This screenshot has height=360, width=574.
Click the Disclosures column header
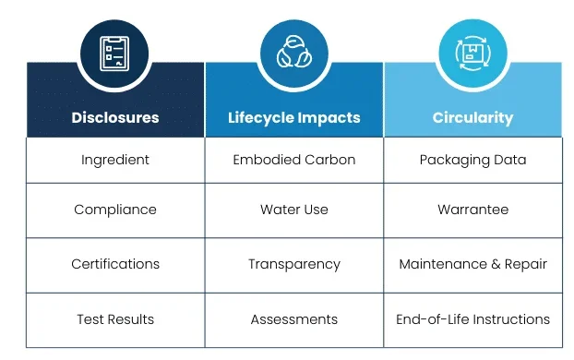[x=115, y=118]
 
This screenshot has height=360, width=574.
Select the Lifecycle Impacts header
[x=294, y=118]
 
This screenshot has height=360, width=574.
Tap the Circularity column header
[x=472, y=118]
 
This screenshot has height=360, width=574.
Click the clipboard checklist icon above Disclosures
[x=115, y=51]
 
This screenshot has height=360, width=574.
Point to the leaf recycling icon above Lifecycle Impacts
[x=294, y=51]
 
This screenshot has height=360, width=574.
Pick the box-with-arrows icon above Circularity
[x=472, y=51]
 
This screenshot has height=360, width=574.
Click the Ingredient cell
[x=115, y=160]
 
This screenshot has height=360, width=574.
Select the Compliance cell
[x=115, y=210]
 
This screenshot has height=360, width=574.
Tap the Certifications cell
[x=115, y=264]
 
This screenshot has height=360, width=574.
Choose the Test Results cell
[x=115, y=319]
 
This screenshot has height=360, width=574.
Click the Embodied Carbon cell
[x=294, y=160]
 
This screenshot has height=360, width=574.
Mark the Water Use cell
[x=294, y=210]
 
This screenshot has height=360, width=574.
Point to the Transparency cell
[x=294, y=264]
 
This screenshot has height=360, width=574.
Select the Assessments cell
[x=294, y=319]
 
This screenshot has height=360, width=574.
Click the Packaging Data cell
[x=472, y=160]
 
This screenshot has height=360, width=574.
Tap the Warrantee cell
[x=472, y=210]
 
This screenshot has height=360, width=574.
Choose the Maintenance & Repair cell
[x=472, y=264]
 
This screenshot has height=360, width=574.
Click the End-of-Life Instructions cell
[x=472, y=319]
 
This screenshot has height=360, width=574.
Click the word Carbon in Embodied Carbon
[x=329, y=160]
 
